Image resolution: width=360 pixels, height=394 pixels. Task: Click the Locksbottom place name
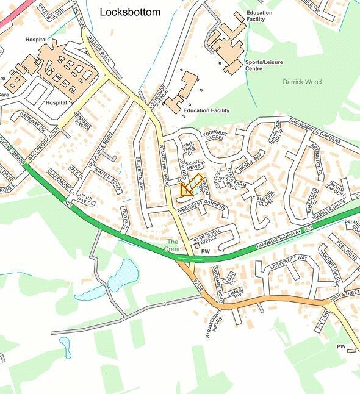point(130,12)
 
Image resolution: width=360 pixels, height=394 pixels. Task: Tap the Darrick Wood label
point(301,82)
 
